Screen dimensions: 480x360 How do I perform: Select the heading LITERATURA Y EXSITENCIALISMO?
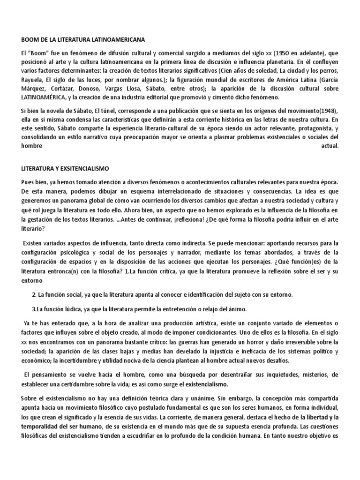point(72,167)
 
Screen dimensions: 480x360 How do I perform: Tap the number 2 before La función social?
point(34,294)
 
